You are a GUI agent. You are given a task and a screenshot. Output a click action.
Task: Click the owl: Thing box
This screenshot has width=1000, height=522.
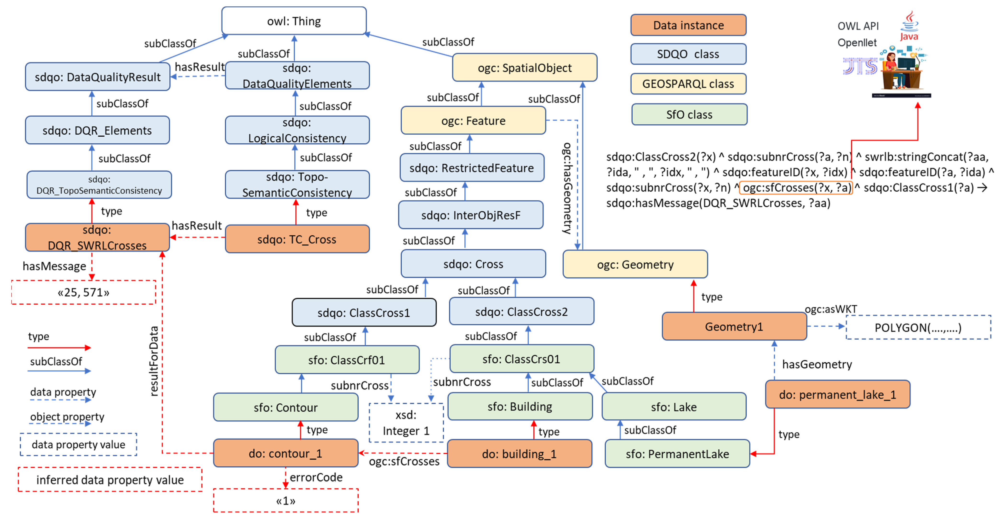[294, 21]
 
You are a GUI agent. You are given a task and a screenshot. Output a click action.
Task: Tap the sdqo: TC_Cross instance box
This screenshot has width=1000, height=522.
[297, 239]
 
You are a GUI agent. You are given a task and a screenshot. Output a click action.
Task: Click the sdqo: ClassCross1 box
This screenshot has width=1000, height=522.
[364, 313]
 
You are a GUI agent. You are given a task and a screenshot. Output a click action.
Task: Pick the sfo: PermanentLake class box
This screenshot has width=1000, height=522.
[677, 454]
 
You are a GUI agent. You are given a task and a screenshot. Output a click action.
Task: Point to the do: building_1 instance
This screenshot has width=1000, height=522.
[520, 454]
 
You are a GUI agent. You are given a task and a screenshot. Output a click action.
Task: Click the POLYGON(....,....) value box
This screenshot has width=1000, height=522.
[918, 327]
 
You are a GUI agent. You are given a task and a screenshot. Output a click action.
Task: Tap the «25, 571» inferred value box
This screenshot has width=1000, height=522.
[83, 292]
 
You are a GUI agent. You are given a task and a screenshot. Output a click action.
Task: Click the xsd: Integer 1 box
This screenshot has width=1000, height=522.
[406, 423]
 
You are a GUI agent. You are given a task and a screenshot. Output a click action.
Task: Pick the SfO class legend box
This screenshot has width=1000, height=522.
[689, 115]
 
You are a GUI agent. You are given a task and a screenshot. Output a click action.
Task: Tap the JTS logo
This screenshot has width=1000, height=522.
[860, 66]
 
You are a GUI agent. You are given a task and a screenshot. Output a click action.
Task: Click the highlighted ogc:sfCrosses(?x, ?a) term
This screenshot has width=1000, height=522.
[796, 188]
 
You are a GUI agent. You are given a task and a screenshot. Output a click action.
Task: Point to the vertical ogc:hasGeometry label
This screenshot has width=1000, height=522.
[567, 188]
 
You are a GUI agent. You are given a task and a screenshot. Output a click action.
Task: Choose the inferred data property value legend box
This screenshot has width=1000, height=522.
[110, 480]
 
